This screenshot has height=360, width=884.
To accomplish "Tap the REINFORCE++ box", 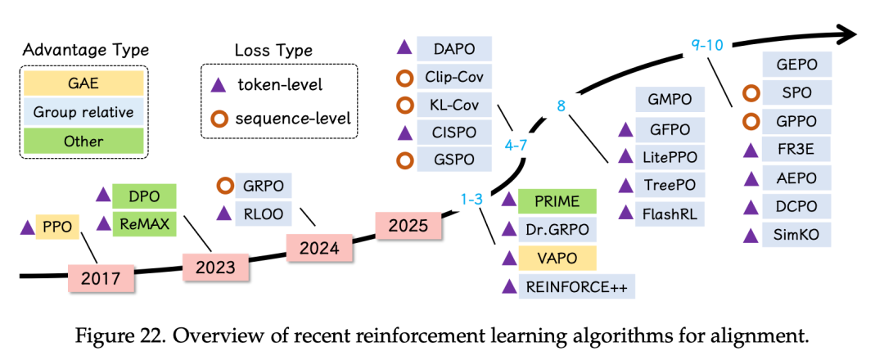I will pos(568,286).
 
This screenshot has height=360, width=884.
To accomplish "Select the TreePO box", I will pos(668,186).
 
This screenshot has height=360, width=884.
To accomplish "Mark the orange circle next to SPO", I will pos(751,93).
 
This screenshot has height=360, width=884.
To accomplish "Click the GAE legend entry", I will pos(83,83).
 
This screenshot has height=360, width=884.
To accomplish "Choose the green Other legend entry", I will pos(83,141).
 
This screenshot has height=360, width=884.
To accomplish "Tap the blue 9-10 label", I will pos(706,46).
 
